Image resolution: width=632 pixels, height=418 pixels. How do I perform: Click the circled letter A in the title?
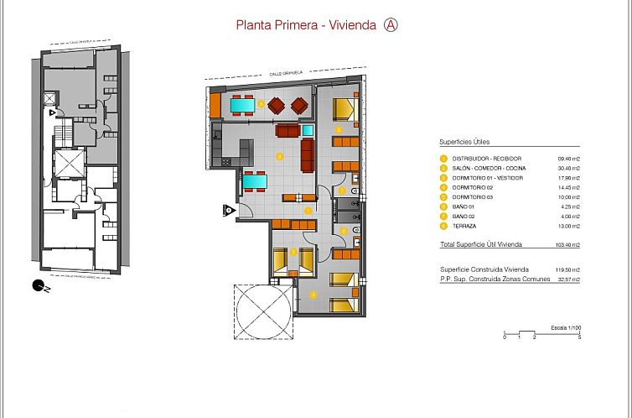(390, 24)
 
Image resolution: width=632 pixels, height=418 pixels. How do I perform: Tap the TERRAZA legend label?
(464, 226)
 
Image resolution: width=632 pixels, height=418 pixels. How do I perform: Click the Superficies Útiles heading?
(464, 142)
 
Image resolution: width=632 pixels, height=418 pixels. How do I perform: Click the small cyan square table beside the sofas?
(308, 130)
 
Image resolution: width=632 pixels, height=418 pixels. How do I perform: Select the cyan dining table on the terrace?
(242, 105)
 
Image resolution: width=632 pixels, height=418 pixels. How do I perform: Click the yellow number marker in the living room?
(280, 155)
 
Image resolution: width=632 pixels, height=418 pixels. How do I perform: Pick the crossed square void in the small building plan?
(69, 163)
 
